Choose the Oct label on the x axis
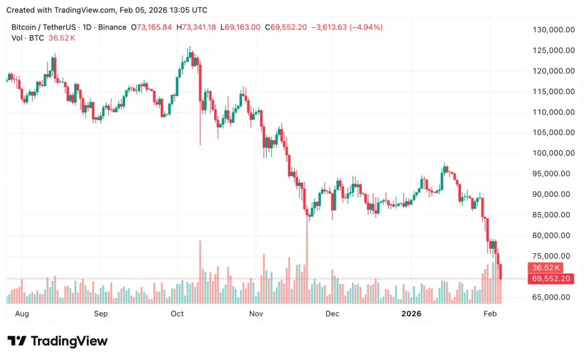pyautogui.click(x=177, y=314)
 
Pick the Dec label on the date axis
pyautogui.click(x=332, y=314)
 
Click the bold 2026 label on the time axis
pyautogui.click(x=411, y=314)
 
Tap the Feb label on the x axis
pyautogui.click(x=490, y=314)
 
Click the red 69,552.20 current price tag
pyautogui.click(x=551, y=278)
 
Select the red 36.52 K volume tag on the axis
pyautogui.click(x=547, y=268)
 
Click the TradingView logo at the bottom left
pyautogui.click(x=57, y=341)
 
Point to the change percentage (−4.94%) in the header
pyautogui.click(x=363, y=27)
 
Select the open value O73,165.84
pyautogui.click(x=151, y=27)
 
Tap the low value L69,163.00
pyautogui.click(x=241, y=27)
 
